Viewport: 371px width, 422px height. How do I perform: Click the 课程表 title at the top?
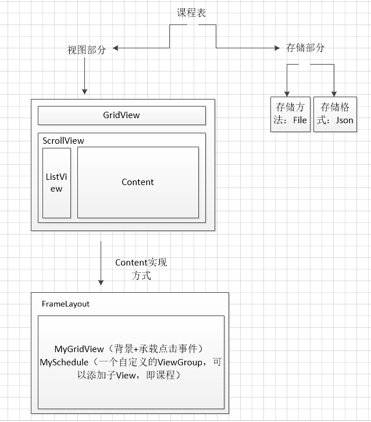(x=191, y=13)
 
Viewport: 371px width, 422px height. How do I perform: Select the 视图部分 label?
(x=87, y=50)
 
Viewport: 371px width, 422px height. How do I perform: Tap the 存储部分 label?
(x=306, y=48)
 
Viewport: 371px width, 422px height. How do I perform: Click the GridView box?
(x=122, y=115)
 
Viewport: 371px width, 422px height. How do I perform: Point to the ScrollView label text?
(x=63, y=141)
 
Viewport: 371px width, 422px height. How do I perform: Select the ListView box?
(x=56, y=182)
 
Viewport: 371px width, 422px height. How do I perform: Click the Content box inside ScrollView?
(x=138, y=182)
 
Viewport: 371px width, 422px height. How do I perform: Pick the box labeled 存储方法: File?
(x=290, y=114)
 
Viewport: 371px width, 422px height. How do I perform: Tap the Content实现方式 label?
(x=141, y=269)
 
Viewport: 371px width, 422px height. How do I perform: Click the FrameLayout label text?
(x=66, y=304)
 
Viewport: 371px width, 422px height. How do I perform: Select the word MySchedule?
(x=64, y=363)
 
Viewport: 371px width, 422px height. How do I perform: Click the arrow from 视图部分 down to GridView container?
(x=85, y=76)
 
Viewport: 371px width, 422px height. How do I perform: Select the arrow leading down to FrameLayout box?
(x=101, y=262)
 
